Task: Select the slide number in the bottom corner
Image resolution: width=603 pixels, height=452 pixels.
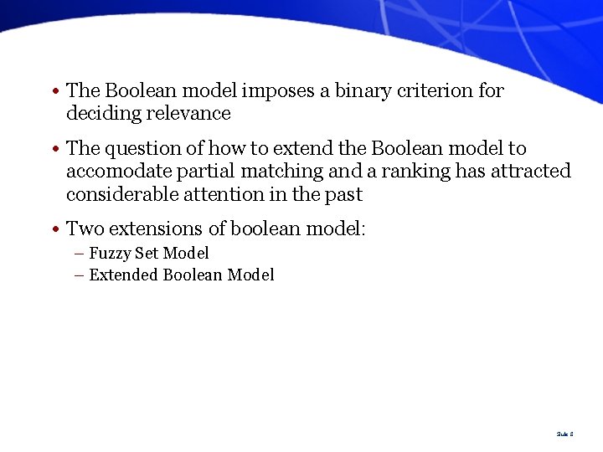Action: click(x=564, y=434)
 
